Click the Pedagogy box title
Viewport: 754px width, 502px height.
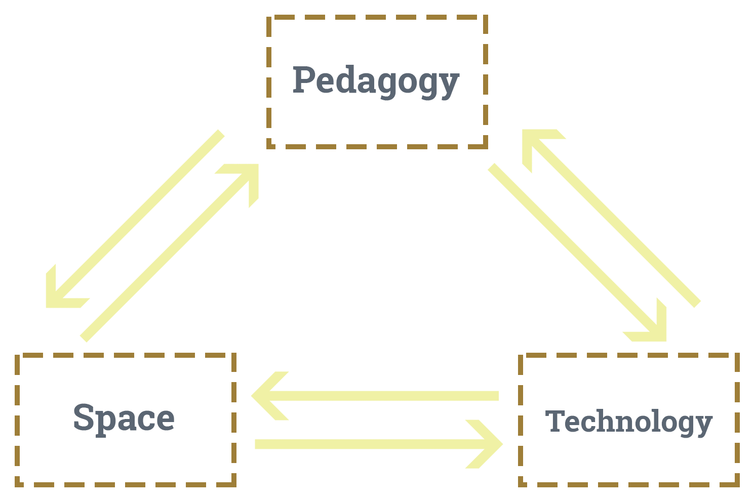pos(376,81)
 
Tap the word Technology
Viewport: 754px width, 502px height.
pos(628,422)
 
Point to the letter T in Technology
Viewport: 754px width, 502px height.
pos(555,421)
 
